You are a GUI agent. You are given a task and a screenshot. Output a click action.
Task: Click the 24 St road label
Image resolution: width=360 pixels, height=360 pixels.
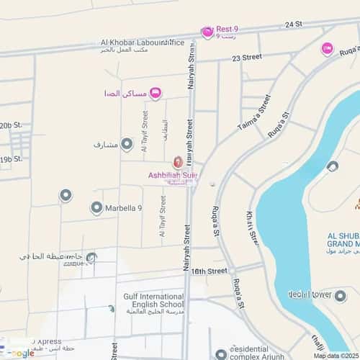293,24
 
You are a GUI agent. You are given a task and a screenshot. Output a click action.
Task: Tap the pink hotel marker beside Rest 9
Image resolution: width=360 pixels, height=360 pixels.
207,31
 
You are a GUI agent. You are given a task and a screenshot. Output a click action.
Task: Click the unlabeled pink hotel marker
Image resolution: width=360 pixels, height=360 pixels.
327,48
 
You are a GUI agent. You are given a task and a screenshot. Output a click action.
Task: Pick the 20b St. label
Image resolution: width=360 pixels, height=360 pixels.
12,125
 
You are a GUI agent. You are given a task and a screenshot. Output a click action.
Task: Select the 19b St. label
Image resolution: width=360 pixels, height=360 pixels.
12,158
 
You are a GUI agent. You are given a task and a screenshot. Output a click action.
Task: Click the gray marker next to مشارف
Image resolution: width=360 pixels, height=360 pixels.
127,145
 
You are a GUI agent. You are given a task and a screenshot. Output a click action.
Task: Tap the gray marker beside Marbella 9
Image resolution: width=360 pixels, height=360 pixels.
96,208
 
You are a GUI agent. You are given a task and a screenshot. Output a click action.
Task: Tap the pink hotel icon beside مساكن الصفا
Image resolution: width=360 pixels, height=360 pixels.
156,94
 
